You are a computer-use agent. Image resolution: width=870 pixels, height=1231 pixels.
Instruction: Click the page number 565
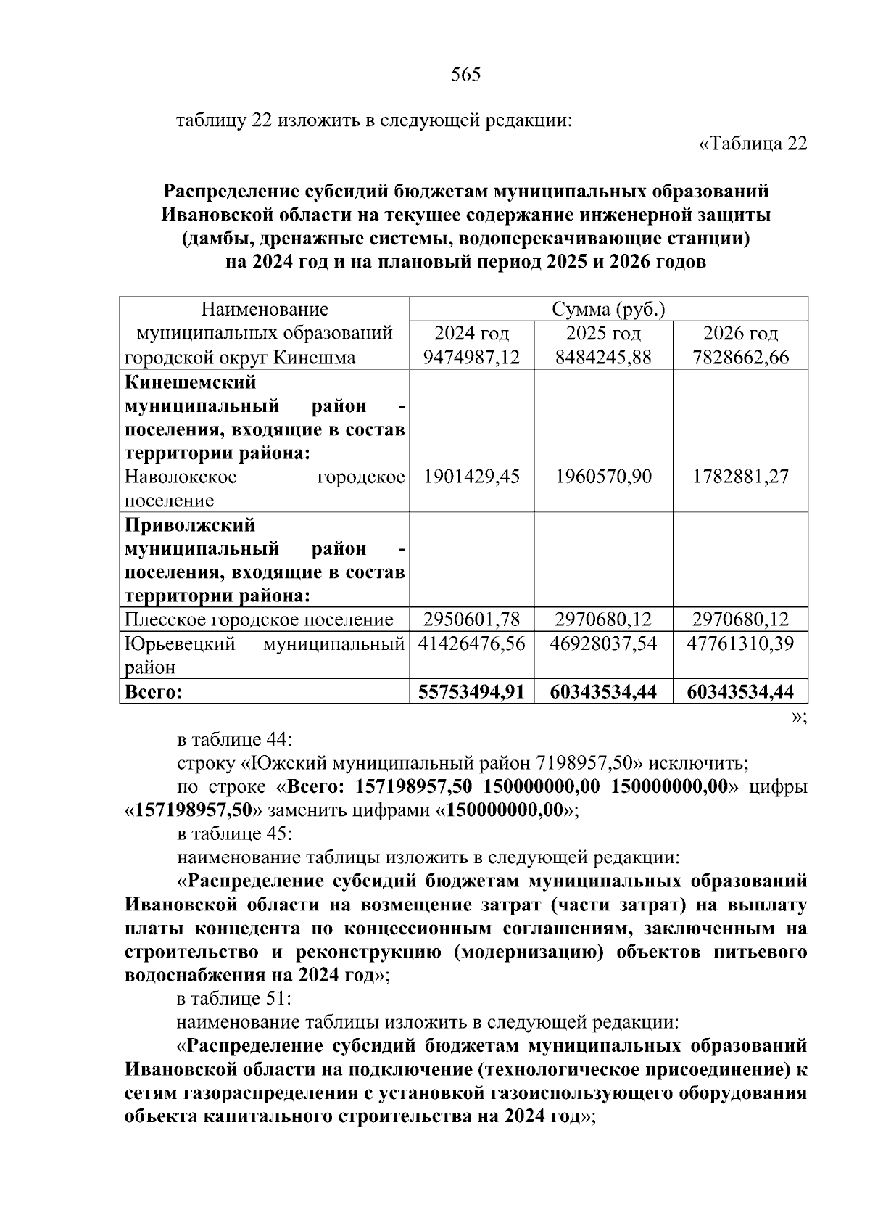tap(465, 75)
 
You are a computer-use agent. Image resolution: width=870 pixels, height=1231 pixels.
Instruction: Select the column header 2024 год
tap(471, 334)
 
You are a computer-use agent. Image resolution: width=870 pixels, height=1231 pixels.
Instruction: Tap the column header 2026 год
tap(740, 334)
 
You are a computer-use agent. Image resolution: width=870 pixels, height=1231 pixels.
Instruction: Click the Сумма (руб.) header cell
tap(608, 310)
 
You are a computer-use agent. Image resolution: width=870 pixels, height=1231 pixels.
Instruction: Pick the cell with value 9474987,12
tap(471, 358)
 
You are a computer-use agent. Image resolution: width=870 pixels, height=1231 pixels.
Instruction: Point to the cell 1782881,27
tap(740, 477)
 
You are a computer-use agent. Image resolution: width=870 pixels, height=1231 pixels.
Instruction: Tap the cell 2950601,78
tap(471, 619)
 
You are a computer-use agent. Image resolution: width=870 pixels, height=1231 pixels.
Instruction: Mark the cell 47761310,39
tap(740, 643)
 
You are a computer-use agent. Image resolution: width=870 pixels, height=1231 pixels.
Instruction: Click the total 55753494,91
tap(471, 691)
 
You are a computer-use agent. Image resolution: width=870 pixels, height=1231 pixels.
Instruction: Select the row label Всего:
tap(153, 692)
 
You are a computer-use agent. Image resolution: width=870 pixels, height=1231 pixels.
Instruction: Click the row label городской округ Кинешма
tap(240, 358)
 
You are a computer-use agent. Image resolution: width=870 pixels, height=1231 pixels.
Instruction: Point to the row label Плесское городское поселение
tap(259, 619)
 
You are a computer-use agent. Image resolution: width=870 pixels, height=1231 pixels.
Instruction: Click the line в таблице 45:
tap(235, 833)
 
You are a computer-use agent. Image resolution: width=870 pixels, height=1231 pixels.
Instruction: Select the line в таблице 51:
tap(234, 999)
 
